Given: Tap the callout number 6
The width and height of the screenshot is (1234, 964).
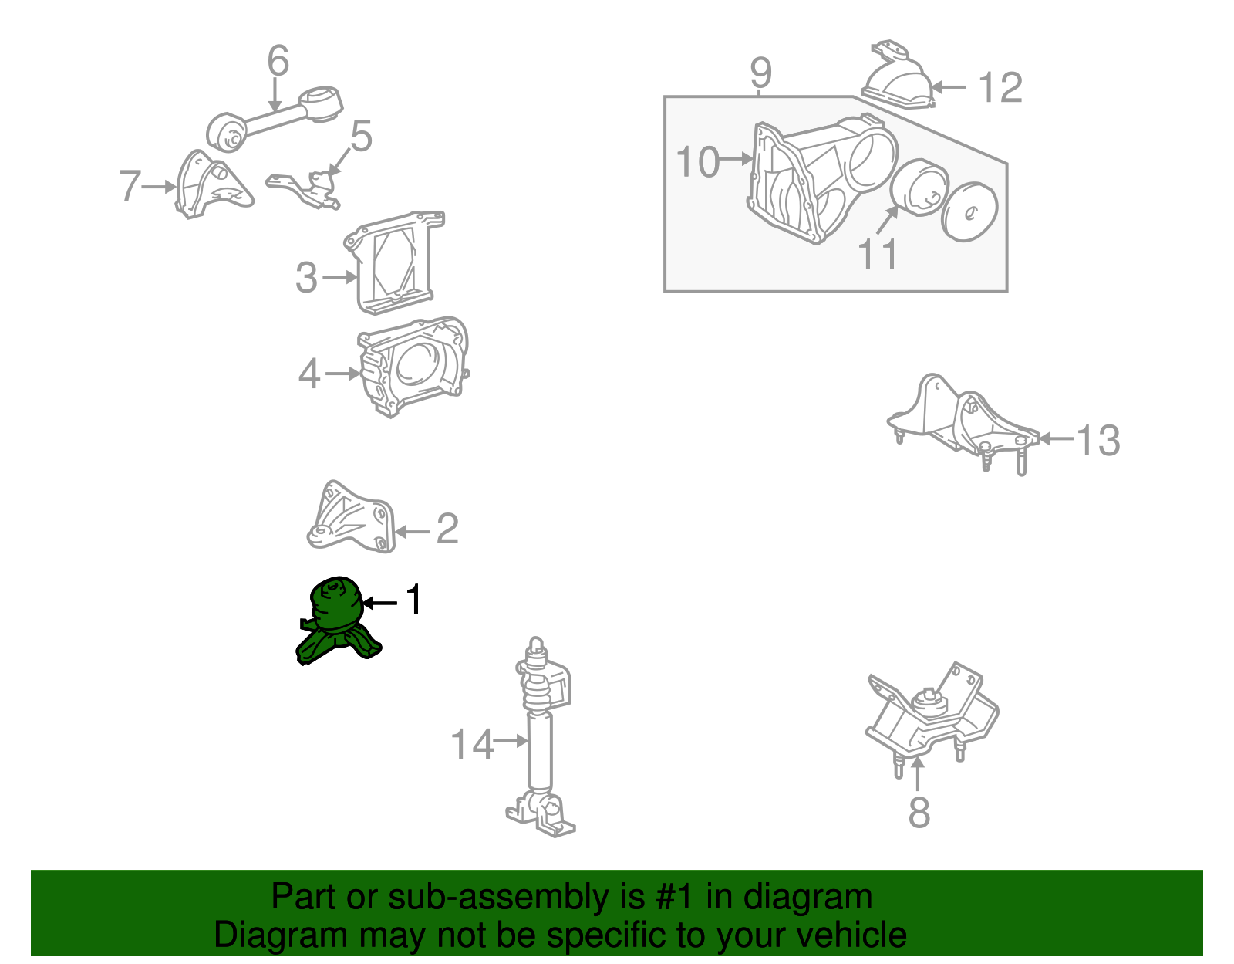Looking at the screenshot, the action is [x=278, y=60].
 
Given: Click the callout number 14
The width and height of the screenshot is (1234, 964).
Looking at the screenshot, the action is [x=471, y=745].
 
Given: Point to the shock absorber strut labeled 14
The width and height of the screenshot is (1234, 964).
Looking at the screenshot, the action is [x=540, y=739].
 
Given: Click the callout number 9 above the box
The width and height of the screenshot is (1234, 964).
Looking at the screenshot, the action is [x=761, y=72].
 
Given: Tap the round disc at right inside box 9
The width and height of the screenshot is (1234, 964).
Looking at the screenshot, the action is [x=969, y=212].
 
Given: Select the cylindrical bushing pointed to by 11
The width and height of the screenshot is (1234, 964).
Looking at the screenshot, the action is [x=919, y=188].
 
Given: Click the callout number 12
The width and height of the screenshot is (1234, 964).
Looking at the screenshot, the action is [x=1000, y=87].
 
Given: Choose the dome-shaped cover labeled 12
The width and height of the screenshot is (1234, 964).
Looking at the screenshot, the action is [x=897, y=76].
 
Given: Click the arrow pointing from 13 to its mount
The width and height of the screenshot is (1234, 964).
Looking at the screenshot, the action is [x=1057, y=438].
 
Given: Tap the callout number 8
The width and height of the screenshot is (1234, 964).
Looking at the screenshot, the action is [x=919, y=812].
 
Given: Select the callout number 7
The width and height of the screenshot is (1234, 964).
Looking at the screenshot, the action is [x=130, y=185].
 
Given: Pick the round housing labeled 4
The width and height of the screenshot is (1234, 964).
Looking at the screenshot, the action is [x=413, y=367].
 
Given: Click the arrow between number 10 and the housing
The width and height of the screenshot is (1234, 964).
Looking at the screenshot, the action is [x=737, y=158].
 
